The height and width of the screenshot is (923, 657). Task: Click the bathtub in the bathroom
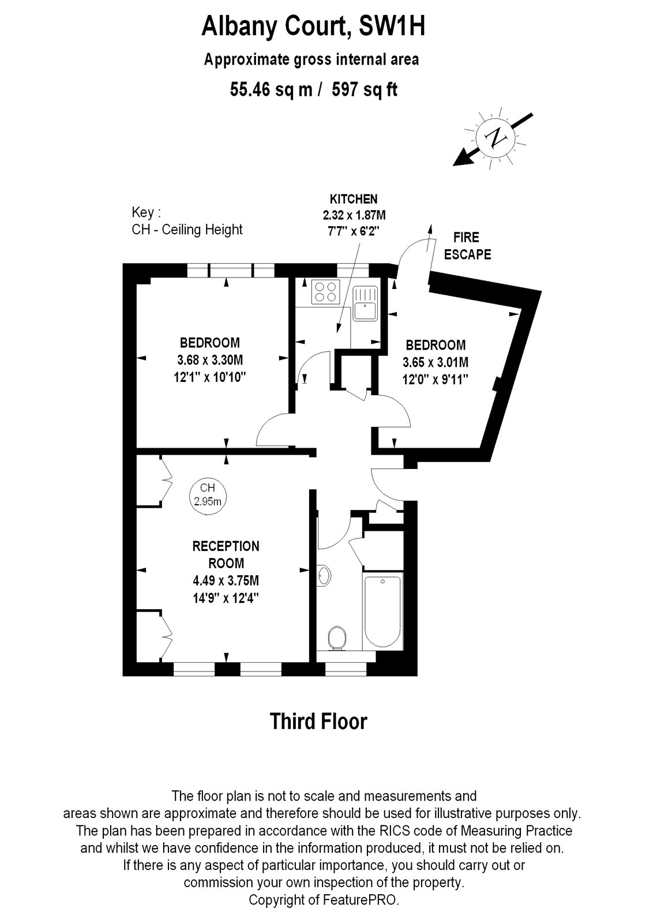point(381,610)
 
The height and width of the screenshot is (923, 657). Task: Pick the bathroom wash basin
point(324,575)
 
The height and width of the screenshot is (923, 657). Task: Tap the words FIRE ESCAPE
point(467,246)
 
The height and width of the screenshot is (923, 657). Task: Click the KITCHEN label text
point(354,200)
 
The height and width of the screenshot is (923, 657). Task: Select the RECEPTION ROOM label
point(226,554)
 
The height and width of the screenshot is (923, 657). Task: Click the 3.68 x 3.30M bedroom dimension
point(210,360)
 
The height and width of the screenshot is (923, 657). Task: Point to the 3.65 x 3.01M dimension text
point(436,363)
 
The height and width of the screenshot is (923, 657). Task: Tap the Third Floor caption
point(318,721)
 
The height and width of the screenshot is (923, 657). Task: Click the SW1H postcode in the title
point(392,26)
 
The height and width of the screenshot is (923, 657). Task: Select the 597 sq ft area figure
point(365,89)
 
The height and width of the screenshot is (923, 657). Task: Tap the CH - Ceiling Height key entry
point(187,230)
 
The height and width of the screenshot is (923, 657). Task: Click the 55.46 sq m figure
point(271,89)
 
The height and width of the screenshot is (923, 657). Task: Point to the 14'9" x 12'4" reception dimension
point(226,598)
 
